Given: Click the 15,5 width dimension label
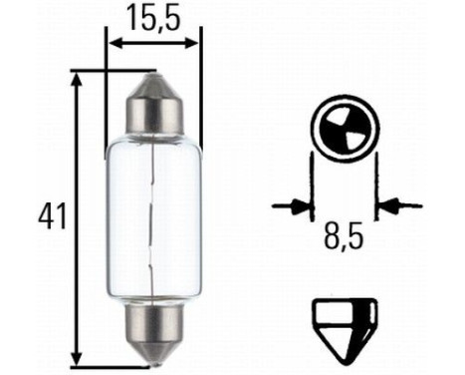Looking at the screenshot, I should (153, 17).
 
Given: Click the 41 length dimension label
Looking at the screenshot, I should (51, 216).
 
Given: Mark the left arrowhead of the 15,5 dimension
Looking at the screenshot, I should (114, 43).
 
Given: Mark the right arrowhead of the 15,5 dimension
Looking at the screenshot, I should (194, 43).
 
